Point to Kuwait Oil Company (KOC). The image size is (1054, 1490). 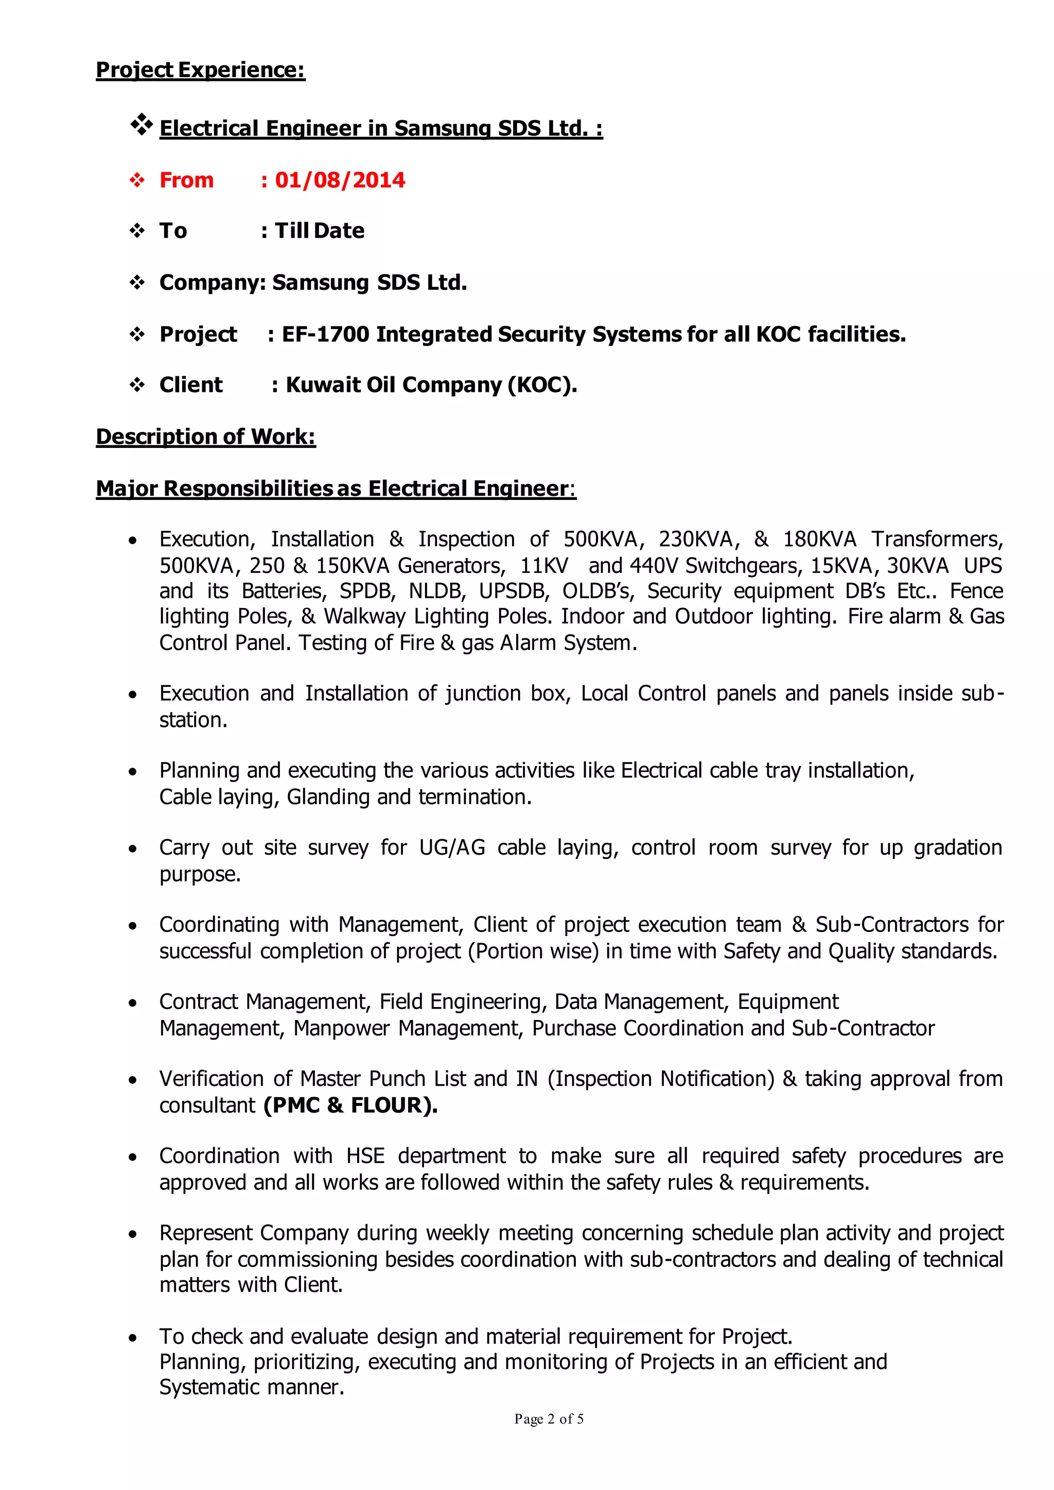(x=431, y=385)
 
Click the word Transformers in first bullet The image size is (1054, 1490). (x=937, y=539)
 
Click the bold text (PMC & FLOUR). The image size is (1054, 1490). (x=350, y=1105)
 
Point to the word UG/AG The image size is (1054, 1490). (x=452, y=847)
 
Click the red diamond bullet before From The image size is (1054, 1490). (x=137, y=181)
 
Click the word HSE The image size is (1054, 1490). (x=365, y=1156)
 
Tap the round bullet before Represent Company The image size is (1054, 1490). (x=133, y=1234)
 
